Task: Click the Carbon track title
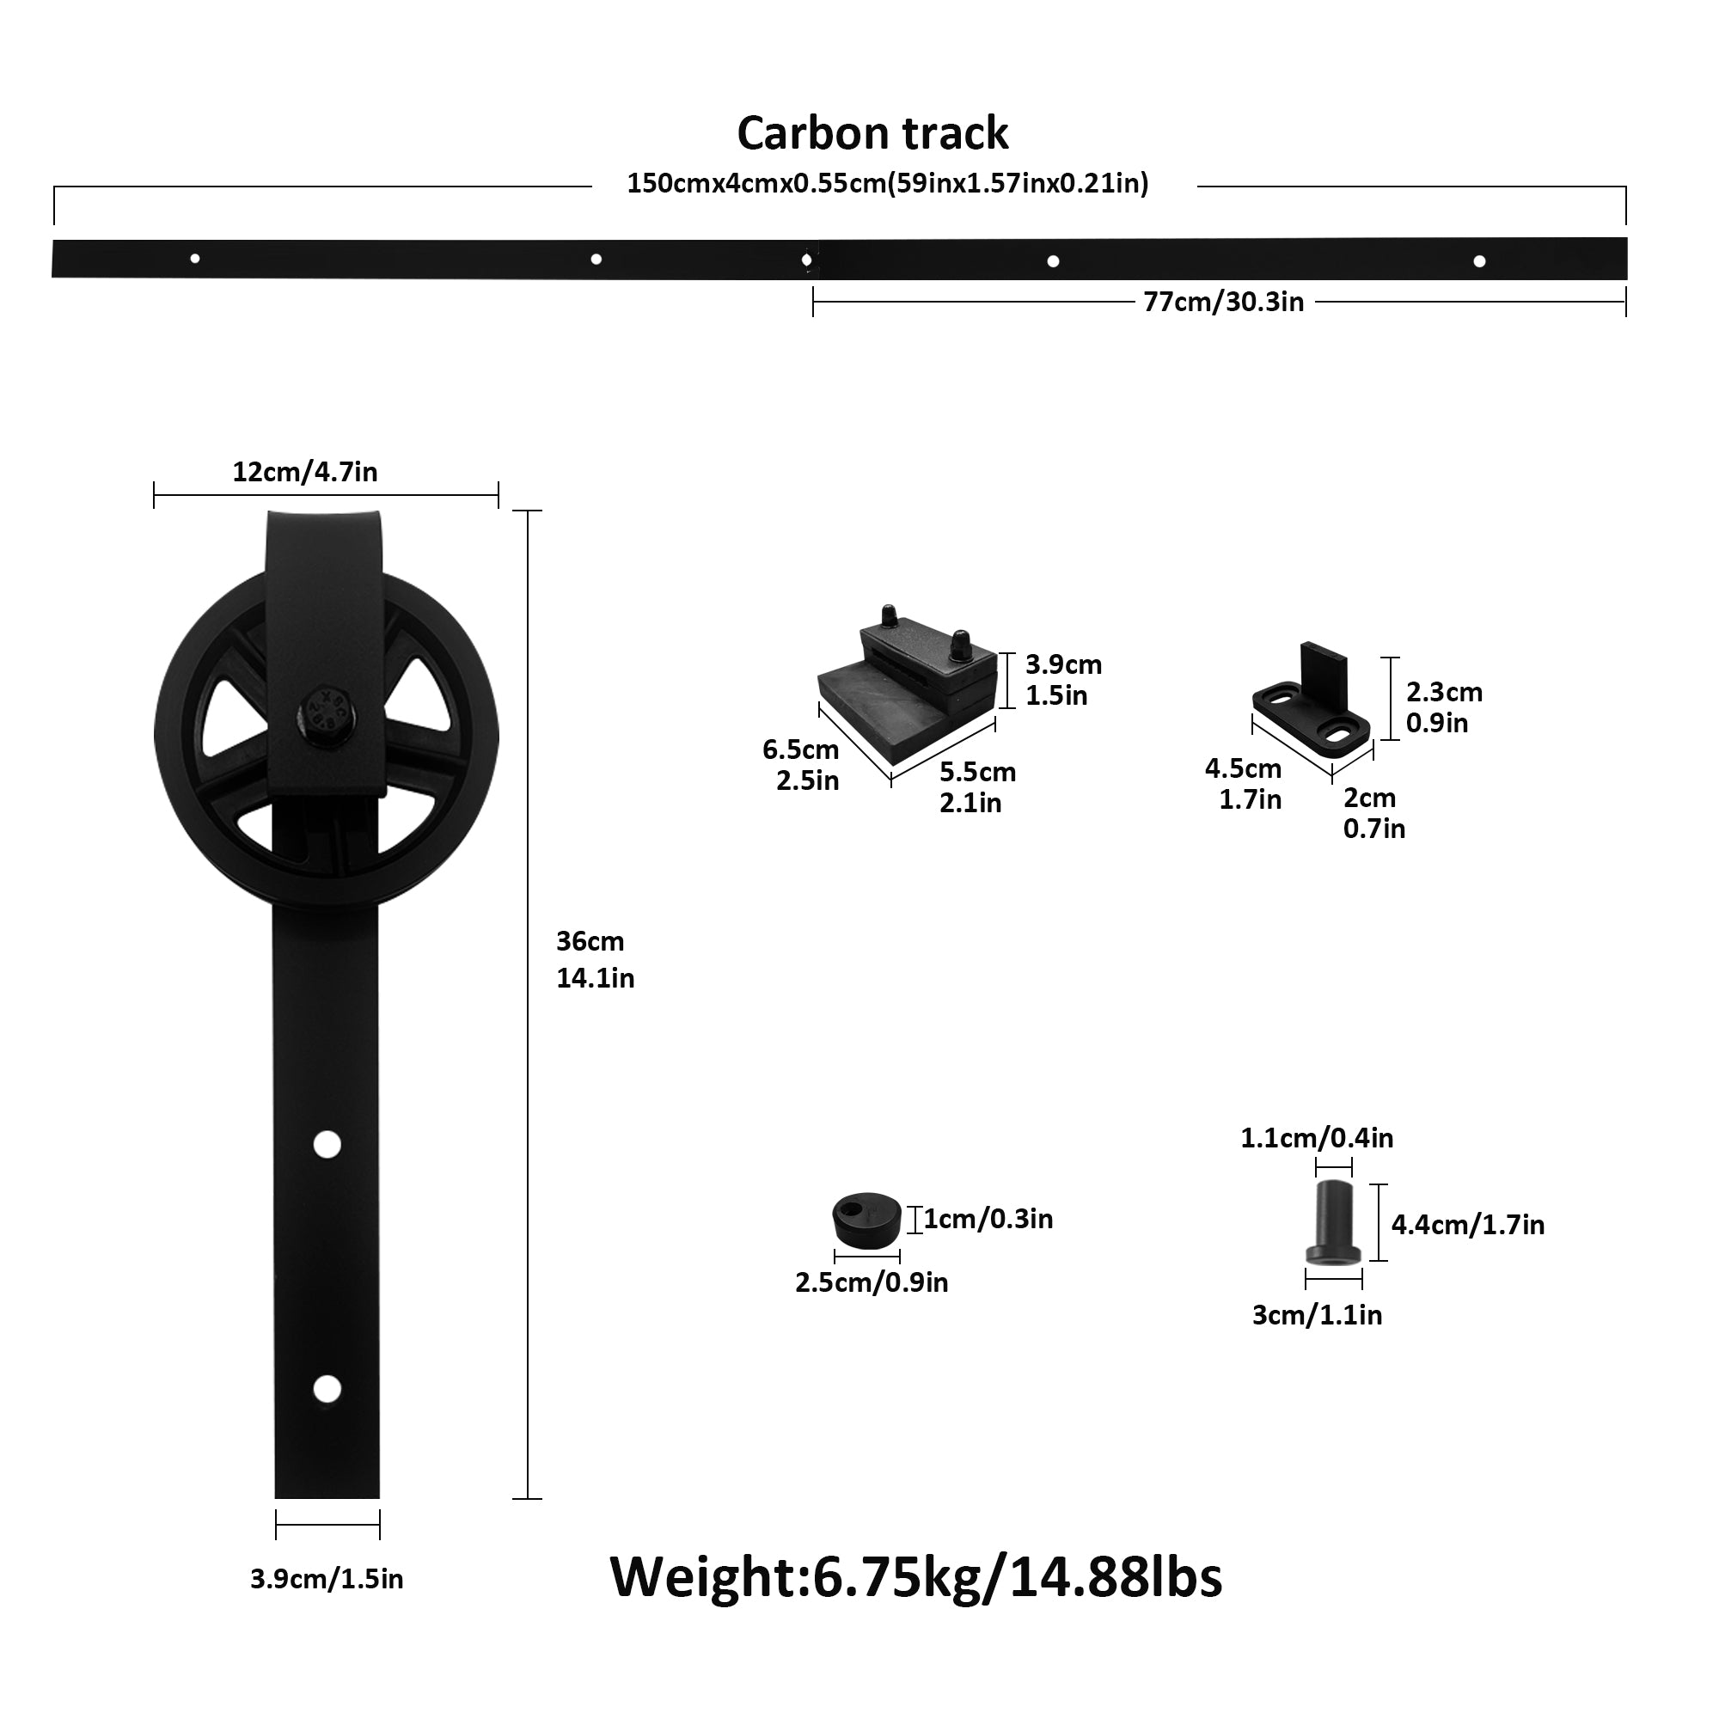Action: pyautogui.click(x=872, y=133)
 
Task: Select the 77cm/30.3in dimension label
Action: pyautogui.click(x=1223, y=303)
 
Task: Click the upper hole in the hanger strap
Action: pyautogui.click(x=327, y=1144)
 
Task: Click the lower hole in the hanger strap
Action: pyautogui.click(x=327, y=1389)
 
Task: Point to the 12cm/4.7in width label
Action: pyautogui.click(x=305, y=472)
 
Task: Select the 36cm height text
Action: pyautogui.click(x=590, y=941)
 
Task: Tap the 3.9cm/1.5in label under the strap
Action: pyautogui.click(x=327, y=1579)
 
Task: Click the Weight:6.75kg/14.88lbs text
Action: pyautogui.click(x=915, y=1577)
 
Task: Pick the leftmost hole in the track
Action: pyautogui.click(x=195, y=259)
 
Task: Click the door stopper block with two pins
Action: pyautogui.click(x=908, y=685)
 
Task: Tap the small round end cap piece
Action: pyautogui.click(x=866, y=1219)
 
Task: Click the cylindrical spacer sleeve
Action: pyautogui.click(x=1333, y=1222)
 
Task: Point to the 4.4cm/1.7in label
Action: pyautogui.click(x=1468, y=1225)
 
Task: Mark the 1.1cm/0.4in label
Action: pyautogui.click(x=1317, y=1138)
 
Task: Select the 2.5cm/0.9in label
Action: pyautogui.click(x=872, y=1282)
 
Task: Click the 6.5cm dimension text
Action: pyautogui.click(x=801, y=750)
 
